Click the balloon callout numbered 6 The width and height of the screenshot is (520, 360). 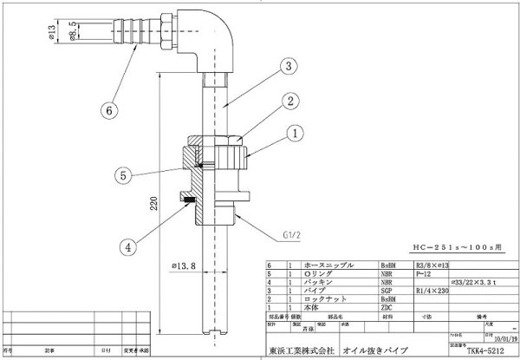[109, 110]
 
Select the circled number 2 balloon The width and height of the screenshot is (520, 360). [293, 101]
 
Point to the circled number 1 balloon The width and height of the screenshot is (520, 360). [294, 134]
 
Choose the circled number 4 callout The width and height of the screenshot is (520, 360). [128, 246]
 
